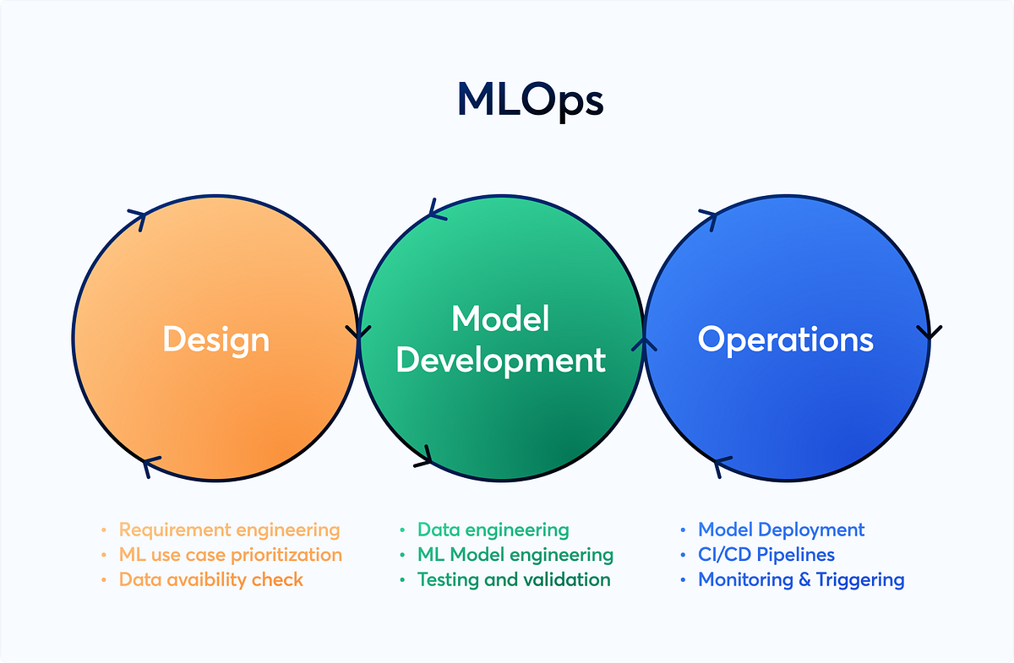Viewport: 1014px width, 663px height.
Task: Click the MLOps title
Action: click(x=530, y=101)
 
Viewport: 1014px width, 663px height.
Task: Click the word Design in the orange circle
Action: click(x=216, y=340)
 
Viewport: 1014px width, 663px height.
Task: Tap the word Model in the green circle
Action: click(x=500, y=319)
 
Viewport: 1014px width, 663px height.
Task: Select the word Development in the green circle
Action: click(x=500, y=361)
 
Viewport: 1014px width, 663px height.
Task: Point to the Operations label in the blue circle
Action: click(x=785, y=340)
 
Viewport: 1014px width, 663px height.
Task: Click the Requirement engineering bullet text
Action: click(x=229, y=530)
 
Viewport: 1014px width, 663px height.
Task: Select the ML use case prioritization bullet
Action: click(x=230, y=555)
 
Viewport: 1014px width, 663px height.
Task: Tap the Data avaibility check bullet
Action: click(x=210, y=579)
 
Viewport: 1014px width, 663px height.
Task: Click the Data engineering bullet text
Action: click(x=493, y=530)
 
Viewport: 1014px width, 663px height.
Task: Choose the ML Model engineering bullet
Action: click(x=515, y=555)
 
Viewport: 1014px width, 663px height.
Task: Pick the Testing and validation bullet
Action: click(x=513, y=579)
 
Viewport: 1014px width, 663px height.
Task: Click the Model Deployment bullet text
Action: click(x=781, y=530)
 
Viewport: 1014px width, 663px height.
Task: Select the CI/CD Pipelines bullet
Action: click(x=766, y=555)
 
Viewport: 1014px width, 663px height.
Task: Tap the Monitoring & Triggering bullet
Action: click(x=800, y=579)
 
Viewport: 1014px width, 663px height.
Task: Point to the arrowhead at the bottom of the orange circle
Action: click(x=150, y=465)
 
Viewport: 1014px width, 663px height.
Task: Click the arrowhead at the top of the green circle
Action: click(x=436, y=210)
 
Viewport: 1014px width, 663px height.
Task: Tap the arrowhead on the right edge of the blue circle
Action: click(x=929, y=331)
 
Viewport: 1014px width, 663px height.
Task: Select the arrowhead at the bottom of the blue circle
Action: click(x=719, y=466)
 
